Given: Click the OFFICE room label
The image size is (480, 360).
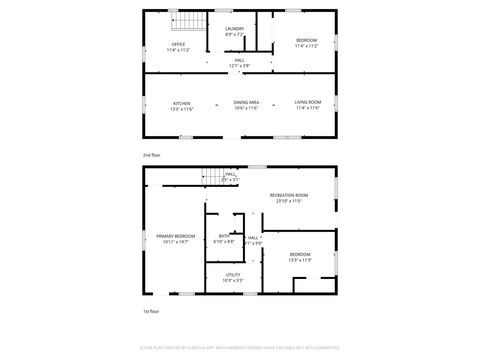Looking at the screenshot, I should (x=178, y=44).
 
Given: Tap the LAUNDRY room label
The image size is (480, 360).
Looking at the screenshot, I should (x=235, y=29).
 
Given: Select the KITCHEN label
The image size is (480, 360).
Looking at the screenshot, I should (x=181, y=103).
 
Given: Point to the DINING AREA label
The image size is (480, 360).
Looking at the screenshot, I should (x=247, y=103).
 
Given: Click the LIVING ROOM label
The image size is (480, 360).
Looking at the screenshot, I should (x=307, y=103).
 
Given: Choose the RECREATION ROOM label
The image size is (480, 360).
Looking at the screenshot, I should (x=288, y=195).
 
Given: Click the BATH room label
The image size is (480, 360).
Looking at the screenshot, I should (x=224, y=236).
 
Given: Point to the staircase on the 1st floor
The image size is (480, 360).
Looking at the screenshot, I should (x=211, y=176).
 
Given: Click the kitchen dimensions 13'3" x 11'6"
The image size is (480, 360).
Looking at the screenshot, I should (x=181, y=108).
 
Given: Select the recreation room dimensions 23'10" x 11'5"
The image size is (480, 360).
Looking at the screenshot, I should (x=288, y=201).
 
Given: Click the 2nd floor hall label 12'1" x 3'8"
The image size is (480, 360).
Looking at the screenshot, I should (x=239, y=65).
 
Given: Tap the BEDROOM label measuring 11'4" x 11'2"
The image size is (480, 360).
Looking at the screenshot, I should (x=305, y=40).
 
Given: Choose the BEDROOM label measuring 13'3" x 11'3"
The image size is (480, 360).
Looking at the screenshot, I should (x=300, y=255).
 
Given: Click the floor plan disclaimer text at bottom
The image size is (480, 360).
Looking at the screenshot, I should (x=239, y=349).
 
